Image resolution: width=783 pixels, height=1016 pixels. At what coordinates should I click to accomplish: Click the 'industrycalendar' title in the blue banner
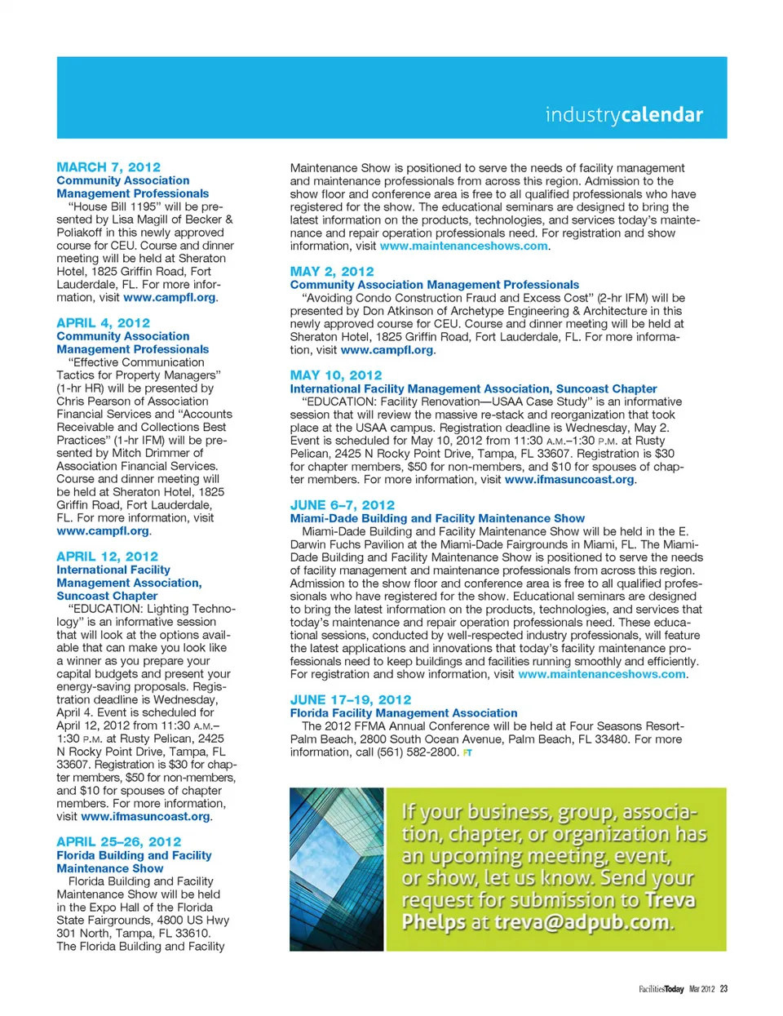(624, 115)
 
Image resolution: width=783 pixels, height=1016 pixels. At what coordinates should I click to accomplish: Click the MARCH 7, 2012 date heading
(108, 166)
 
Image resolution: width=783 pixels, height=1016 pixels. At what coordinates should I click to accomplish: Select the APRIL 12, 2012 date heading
(107, 556)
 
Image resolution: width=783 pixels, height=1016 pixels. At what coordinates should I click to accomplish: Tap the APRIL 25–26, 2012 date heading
(118, 841)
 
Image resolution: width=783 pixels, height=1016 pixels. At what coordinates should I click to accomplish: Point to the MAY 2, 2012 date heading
(332, 271)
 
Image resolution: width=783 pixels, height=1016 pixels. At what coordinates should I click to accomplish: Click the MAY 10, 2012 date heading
(336, 375)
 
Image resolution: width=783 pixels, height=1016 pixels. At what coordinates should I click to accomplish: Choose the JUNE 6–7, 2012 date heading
(343, 504)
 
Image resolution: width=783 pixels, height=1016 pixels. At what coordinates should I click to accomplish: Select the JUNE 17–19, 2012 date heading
(351, 699)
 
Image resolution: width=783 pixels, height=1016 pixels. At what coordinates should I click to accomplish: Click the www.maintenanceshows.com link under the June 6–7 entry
(602, 674)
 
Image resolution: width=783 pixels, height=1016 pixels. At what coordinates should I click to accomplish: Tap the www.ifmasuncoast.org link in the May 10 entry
(569, 479)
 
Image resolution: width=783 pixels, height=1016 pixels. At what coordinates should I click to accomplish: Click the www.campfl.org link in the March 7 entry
(170, 297)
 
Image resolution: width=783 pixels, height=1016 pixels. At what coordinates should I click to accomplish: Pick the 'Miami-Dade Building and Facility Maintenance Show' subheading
(437, 518)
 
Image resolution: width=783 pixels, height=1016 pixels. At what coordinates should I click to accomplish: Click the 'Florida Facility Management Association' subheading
(404, 712)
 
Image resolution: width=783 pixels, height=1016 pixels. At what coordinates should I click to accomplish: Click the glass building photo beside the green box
(336, 868)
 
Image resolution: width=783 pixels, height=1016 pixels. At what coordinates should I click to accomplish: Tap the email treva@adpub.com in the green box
(582, 922)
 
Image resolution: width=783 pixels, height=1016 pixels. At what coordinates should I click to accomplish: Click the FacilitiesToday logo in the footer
(661, 989)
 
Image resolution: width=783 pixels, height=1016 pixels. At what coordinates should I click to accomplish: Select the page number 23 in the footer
(723, 989)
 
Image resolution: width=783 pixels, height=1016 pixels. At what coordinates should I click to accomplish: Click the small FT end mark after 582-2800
(467, 752)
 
